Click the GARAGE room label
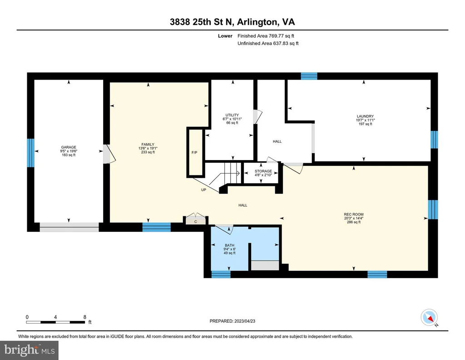pos(69,147)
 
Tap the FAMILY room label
pos(148,145)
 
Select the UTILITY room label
pos(232,115)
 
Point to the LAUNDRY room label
pos(365,116)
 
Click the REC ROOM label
pos(353,214)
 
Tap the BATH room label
pos(229,245)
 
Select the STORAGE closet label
pos(263,171)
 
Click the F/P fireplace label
pos(194,153)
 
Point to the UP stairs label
pos(204,190)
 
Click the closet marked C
pos(196,221)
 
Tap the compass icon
pos(429,318)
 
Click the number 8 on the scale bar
pos(85,317)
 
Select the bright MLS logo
pos(29,350)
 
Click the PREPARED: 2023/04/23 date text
pos(232,321)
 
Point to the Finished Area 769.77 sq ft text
pos(266,36)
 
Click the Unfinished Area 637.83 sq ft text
pos(268,43)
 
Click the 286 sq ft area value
pos(353,222)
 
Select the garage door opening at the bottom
pos(69,227)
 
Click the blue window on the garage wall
pos(30,153)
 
